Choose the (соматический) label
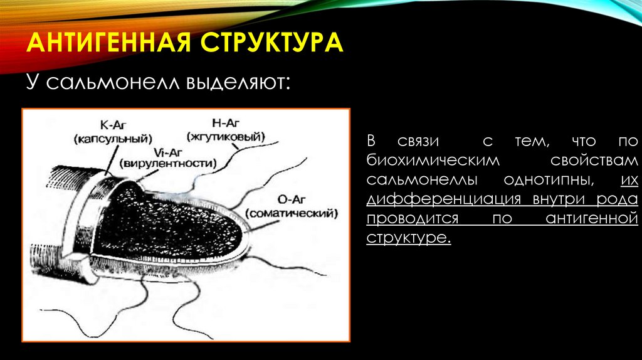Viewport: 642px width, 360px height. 292,213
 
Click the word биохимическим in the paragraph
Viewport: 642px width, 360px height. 433,160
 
